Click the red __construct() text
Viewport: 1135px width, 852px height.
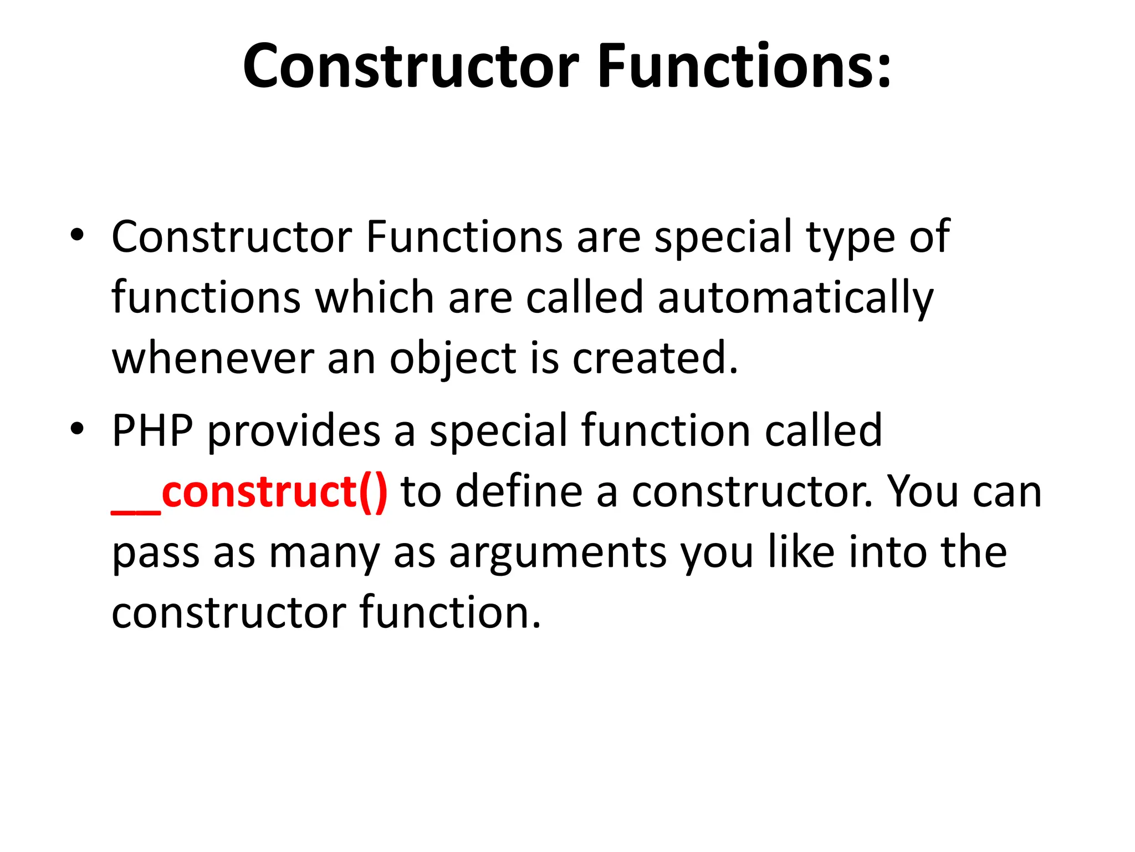tap(249, 491)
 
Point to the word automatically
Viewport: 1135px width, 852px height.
tap(796, 298)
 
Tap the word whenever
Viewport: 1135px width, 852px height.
tap(213, 358)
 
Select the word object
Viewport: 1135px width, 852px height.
tap(453, 359)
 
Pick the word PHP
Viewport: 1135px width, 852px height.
tap(152, 430)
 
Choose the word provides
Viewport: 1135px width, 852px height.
tap(294, 431)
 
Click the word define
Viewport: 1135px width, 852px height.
tap(519, 491)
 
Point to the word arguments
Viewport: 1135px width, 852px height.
tap(558, 553)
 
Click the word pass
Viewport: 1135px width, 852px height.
tap(156, 553)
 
